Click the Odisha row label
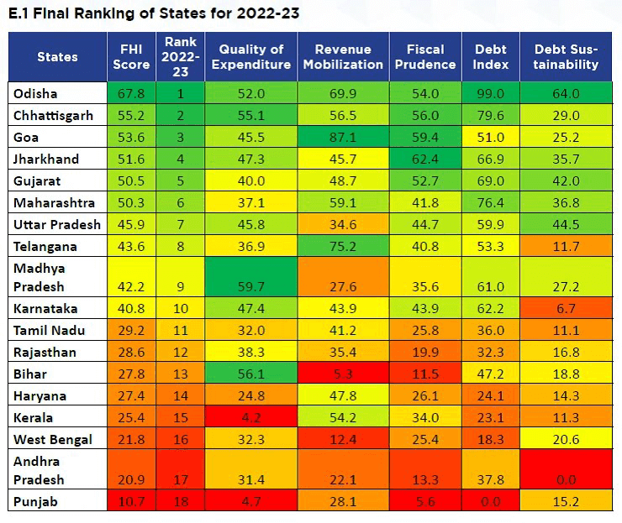[x=34, y=93]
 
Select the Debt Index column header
[x=490, y=56]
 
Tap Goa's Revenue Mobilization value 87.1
[x=342, y=137]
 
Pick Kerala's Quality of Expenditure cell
[x=251, y=417]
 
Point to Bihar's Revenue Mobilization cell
[x=342, y=374]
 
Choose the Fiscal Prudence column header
[x=424, y=56]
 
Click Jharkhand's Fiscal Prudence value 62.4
[x=424, y=159]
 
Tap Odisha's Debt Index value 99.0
[x=490, y=93]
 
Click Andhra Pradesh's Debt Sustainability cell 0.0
[x=566, y=479]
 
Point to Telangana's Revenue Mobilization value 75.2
[x=342, y=246]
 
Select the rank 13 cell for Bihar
[x=180, y=374]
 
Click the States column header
[x=57, y=56]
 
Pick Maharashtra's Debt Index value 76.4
[x=490, y=202]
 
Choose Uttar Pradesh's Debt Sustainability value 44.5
[x=566, y=224]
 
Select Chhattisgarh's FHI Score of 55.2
[x=130, y=115]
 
